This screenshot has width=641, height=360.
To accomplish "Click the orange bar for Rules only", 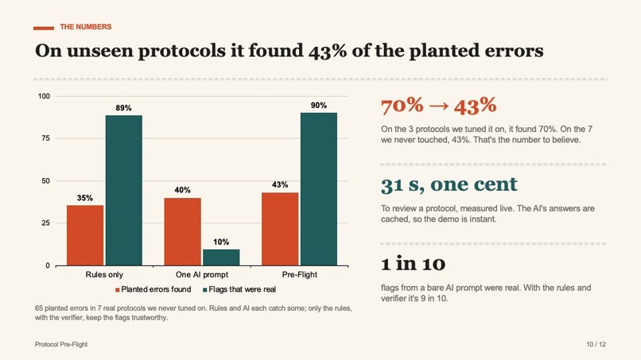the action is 85,235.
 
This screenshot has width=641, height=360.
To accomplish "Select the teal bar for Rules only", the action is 124,191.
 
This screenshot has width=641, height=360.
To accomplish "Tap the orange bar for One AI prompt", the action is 182,232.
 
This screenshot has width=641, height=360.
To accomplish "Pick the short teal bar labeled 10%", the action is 221,257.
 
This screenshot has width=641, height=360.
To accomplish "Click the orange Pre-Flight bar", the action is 280,229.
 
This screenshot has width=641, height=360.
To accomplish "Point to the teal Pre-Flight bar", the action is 319,189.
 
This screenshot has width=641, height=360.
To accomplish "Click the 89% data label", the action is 123,108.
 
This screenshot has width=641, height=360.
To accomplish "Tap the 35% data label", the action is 84,198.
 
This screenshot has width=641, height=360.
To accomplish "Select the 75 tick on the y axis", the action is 45,138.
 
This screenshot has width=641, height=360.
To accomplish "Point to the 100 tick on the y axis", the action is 44,96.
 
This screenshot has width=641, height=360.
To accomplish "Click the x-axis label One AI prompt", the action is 202,275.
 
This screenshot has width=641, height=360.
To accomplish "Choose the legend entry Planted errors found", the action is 153,289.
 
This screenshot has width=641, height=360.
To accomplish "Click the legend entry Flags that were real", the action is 239,289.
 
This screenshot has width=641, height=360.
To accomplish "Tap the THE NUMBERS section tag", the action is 86,27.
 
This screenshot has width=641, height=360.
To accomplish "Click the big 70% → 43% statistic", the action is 439,106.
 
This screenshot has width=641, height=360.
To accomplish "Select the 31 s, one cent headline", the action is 449,184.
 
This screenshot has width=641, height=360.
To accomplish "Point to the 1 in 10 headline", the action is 413,264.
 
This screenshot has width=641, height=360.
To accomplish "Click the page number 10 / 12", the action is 596,344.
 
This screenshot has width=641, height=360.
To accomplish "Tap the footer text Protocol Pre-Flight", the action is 61,344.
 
